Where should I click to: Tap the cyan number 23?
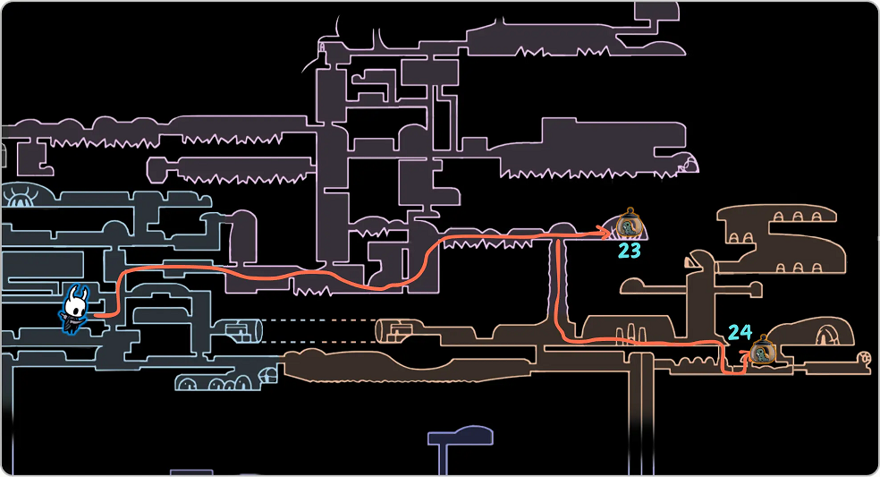click(630, 251)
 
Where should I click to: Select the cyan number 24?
click(740, 333)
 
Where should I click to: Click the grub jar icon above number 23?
click(630, 224)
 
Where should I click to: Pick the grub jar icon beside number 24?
click(763, 350)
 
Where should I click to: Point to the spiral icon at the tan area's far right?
click(863, 359)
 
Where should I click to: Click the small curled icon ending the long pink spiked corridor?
click(688, 164)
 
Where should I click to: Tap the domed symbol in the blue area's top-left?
click(20, 195)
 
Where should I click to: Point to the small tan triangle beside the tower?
click(690, 262)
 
